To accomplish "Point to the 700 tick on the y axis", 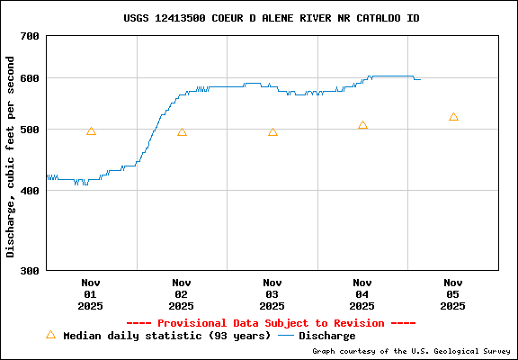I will point(30,36).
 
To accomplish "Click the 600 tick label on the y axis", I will point(30,78).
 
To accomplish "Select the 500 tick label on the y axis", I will point(30,130).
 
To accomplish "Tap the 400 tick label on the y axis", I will point(30,191).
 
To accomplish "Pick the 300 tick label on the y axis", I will point(30,270).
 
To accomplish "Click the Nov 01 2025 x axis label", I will point(90,294).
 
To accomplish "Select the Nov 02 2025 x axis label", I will point(182,294).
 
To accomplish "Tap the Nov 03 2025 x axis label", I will point(272,294).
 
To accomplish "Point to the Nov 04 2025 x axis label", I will point(362,294).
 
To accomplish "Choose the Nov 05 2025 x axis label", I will point(453,294).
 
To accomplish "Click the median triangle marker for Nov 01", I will point(91,131).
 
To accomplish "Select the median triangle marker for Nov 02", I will point(182,132).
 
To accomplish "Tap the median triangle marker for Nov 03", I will point(272,132).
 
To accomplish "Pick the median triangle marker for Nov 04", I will point(362,126).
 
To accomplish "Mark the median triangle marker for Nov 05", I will point(453,117).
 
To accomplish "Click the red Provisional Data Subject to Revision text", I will point(271,323).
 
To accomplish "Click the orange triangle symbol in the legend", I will point(50,335).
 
